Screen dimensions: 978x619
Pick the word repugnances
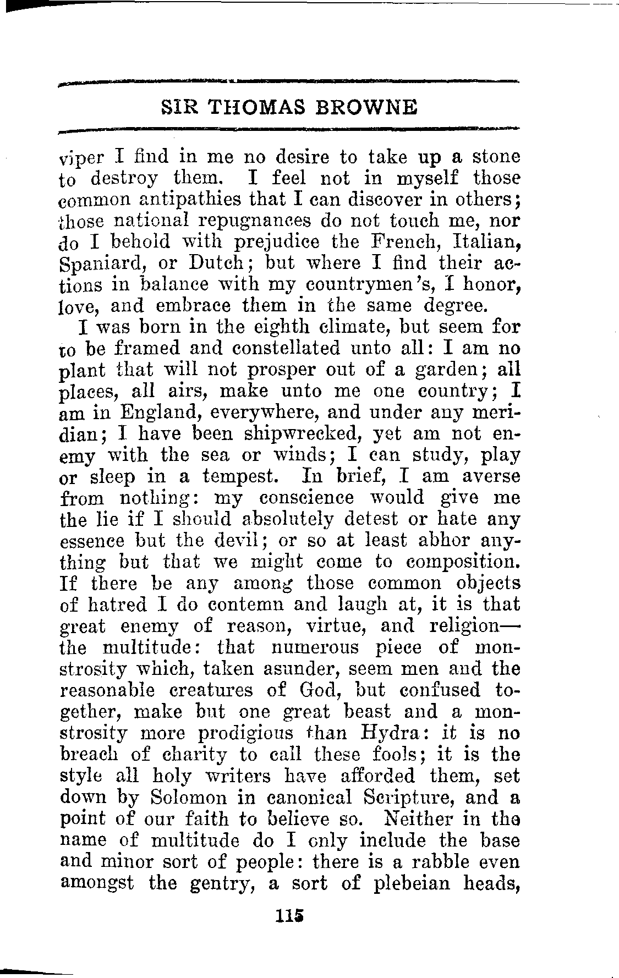point(255,221)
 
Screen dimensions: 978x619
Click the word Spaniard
point(101,263)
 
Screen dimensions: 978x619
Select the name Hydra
point(391,733)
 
